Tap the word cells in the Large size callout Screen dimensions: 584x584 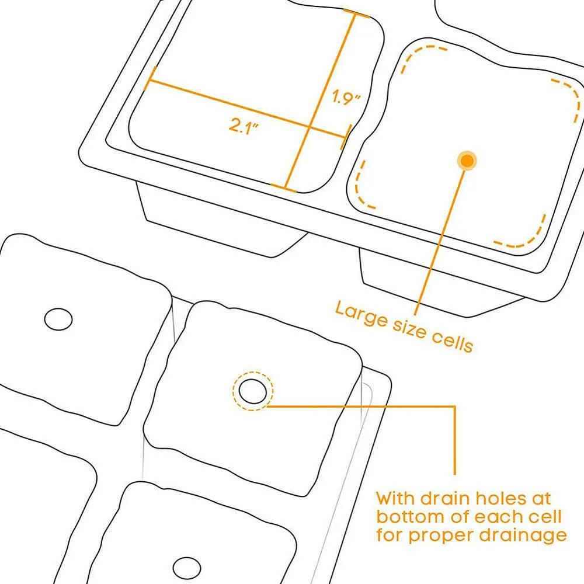[450, 342]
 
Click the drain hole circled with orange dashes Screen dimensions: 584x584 [253, 391]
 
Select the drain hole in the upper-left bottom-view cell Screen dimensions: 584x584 [58, 319]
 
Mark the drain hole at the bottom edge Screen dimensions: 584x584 [186, 568]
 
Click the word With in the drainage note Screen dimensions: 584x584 [396, 499]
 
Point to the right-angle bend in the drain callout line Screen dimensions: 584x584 [454, 406]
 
